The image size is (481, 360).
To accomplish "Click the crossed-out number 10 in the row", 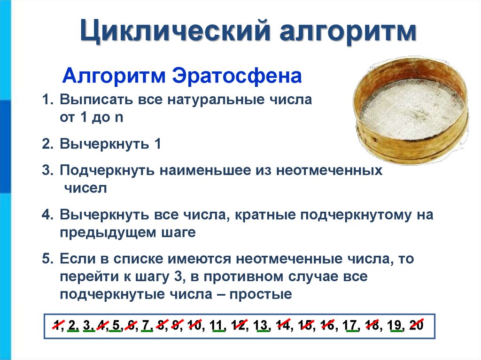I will click(194, 325).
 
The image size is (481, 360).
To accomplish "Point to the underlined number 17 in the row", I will click(350, 325).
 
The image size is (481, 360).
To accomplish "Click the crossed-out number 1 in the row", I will click(58, 325).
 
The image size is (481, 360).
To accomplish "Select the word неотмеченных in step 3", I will click(329, 170).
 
